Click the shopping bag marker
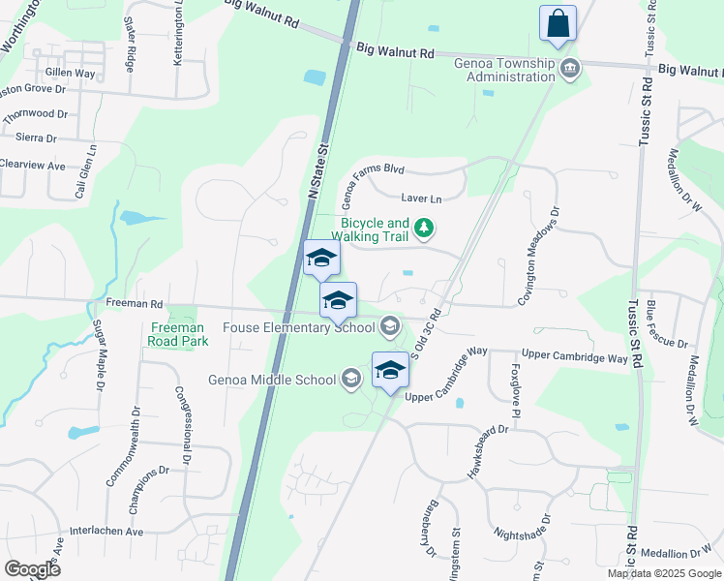[x=558, y=24]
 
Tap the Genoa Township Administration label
[x=504, y=71]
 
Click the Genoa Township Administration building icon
[x=571, y=67]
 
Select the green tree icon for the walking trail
[x=423, y=229]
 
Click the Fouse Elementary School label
[x=298, y=327]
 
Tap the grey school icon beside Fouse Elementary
[x=389, y=326]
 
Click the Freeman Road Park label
[x=179, y=335]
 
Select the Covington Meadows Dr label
[x=540, y=256]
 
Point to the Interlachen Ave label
[x=106, y=532]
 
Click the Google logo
[x=31, y=569]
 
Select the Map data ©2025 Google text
[x=664, y=573]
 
